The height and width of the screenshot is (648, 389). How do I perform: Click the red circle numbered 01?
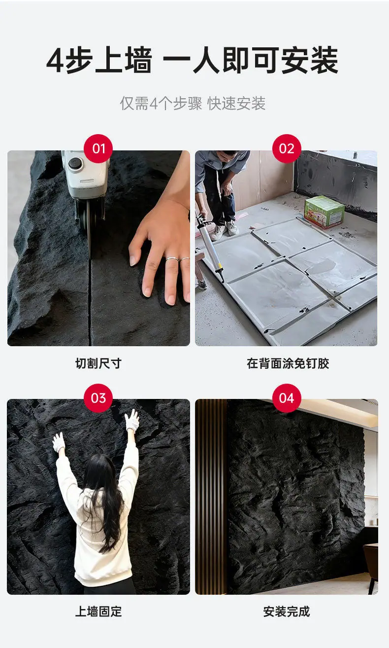click(98, 148)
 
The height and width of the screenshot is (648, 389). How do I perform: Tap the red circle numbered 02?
click(287, 148)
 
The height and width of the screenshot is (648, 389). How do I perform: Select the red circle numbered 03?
click(98, 398)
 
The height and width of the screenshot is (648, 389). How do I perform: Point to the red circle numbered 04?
click(287, 398)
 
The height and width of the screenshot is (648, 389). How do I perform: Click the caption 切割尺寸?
click(98, 363)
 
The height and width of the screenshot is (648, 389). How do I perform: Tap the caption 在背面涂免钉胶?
click(288, 363)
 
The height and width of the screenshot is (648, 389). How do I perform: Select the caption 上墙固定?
click(98, 612)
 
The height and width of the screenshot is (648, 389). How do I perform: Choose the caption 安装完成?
click(286, 612)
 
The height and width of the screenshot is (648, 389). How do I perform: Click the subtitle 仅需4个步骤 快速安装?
click(193, 103)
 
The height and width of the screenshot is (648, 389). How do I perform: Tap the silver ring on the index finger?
click(172, 259)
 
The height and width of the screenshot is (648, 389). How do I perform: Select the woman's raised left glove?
click(59, 442)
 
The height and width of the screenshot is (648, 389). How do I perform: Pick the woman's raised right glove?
click(132, 420)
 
